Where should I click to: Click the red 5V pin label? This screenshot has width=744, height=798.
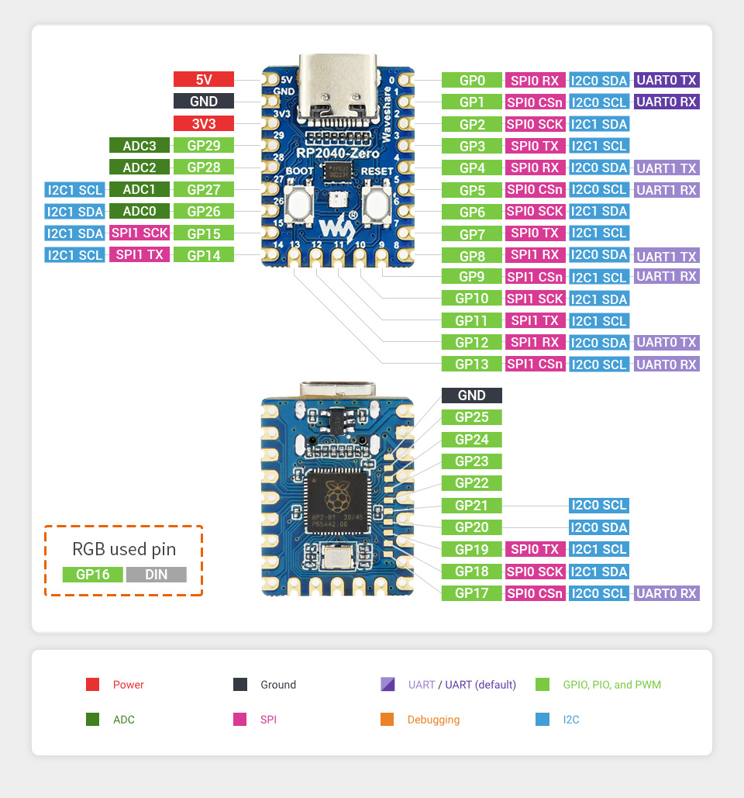(204, 79)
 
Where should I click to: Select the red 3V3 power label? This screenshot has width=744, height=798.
(204, 123)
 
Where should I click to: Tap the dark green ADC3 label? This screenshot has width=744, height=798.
(139, 145)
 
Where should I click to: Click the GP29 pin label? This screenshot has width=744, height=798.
(204, 145)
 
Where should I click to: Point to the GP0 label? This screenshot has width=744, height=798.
(472, 80)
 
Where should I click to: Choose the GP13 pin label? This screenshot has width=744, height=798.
(472, 364)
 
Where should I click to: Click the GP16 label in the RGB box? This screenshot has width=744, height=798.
(92, 575)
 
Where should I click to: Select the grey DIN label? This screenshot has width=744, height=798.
(156, 575)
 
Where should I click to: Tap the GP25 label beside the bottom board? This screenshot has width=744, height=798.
(472, 417)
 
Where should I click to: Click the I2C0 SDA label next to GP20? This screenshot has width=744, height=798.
(598, 527)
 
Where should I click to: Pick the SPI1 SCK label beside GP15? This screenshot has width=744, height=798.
(139, 233)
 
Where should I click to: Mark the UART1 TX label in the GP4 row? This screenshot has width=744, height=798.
(666, 168)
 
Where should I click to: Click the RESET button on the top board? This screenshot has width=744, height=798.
(376, 206)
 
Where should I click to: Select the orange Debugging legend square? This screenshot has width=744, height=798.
(387, 720)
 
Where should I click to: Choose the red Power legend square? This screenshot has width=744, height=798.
(92, 685)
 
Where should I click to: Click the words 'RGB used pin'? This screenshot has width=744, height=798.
(124, 549)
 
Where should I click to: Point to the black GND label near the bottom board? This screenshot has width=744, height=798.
(472, 396)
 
